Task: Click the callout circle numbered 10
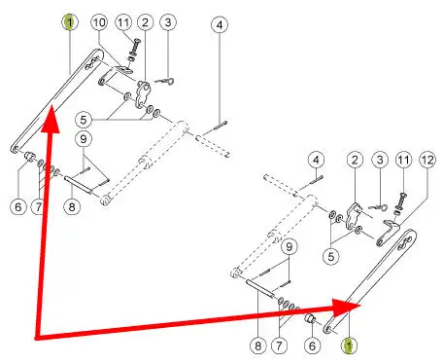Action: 99,22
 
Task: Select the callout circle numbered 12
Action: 427,160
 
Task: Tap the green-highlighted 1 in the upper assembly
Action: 70,22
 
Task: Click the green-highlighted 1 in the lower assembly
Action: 349,346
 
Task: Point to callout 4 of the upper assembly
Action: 220,24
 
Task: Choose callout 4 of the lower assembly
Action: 316,160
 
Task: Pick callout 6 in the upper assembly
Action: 18,206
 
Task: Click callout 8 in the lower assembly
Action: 257,346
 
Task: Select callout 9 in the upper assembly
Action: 84,139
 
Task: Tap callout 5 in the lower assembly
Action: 331,257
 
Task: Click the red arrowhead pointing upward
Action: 51,119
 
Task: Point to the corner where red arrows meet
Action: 36,337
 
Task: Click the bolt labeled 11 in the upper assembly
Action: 134,49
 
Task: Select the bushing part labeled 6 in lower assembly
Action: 310,318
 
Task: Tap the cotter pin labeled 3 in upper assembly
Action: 165,82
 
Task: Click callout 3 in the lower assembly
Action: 380,160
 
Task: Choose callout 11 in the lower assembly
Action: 403,160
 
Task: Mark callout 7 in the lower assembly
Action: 279,346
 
